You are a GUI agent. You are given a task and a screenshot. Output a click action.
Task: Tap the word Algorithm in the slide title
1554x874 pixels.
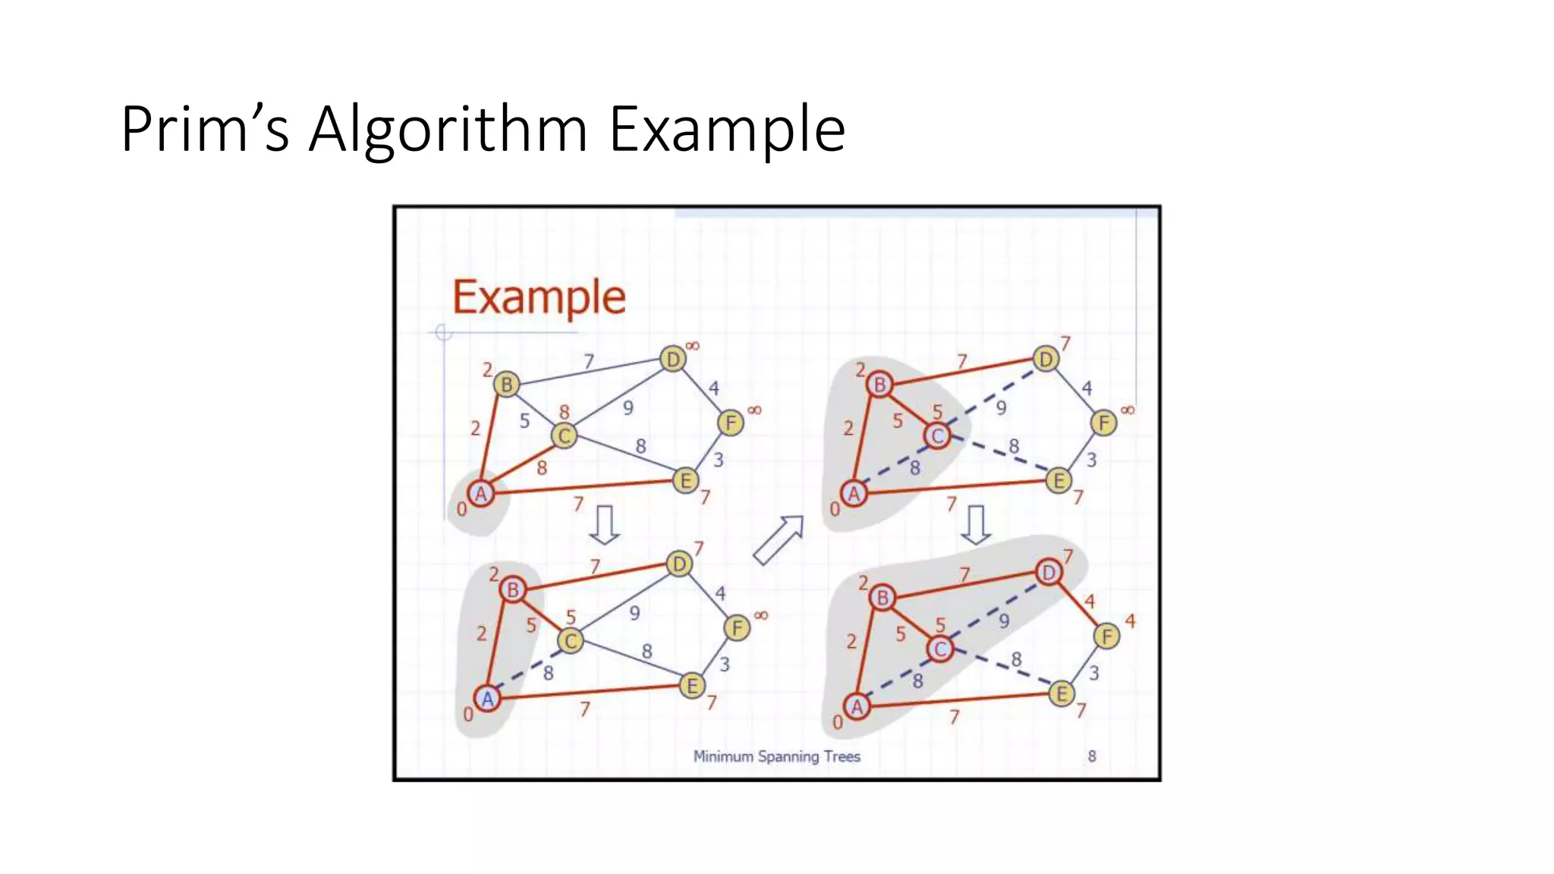(x=448, y=129)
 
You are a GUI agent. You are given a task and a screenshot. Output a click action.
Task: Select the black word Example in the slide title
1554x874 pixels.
(x=727, y=129)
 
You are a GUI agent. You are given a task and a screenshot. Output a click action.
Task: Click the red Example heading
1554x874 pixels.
(x=539, y=297)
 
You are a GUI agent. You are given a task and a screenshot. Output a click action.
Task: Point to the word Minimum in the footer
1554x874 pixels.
(x=723, y=756)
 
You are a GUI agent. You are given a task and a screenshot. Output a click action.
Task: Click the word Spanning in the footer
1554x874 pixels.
(x=788, y=756)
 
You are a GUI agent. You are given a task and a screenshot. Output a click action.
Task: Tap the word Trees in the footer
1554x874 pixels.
(x=842, y=756)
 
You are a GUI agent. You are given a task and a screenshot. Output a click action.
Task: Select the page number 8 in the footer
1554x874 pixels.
(x=1092, y=756)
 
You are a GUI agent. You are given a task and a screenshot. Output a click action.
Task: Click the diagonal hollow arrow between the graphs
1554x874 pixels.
(x=779, y=539)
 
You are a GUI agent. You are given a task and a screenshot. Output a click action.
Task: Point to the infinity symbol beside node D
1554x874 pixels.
(x=693, y=346)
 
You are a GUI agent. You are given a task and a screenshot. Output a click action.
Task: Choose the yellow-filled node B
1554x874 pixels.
(x=506, y=384)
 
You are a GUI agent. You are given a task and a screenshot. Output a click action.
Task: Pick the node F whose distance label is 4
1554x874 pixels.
(x=1107, y=636)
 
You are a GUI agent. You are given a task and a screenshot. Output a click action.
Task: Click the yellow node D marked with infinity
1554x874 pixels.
(x=672, y=359)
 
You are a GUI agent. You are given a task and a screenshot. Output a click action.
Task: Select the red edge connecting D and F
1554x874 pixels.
(x=1077, y=604)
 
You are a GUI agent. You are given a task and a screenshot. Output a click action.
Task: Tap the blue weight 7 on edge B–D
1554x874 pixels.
(x=589, y=362)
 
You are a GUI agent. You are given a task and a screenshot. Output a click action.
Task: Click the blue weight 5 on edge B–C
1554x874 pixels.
(x=524, y=420)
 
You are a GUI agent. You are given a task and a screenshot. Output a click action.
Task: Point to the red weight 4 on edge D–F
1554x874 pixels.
(x=1090, y=602)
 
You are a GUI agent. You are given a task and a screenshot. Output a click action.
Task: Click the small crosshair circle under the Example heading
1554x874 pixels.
(x=444, y=332)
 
